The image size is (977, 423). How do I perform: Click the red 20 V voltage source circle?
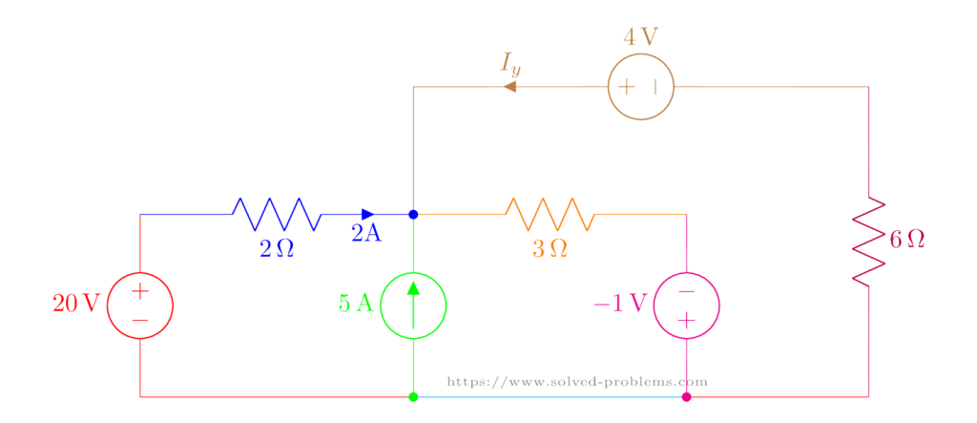tap(140, 306)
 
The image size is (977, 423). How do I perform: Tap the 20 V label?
tap(75, 305)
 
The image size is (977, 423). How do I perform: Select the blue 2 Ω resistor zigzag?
tap(277, 214)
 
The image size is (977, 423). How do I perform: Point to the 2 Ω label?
tap(277, 249)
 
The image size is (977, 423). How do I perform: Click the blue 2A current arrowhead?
tap(367, 214)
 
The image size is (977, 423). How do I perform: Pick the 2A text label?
tap(366, 234)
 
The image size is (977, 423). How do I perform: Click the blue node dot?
tap(413, 214)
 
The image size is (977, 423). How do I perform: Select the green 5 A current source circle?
tap(413, 306)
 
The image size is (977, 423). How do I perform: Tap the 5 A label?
tap(356, 305)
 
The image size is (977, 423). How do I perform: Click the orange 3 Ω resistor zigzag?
tap(551, 214)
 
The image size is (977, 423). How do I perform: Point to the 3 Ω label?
tap(551, 249)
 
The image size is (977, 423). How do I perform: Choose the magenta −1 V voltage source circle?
tap(686, 306)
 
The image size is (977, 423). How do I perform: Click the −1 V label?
tap(620, 305)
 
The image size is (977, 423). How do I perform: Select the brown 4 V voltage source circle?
tap(641, 87)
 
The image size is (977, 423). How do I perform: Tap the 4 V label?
tap(640, 38)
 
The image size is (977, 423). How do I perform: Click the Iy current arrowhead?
tap(510, 87)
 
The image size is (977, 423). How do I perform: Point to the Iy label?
tap(510, 64)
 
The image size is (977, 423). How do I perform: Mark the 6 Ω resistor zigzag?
tap(868, 241)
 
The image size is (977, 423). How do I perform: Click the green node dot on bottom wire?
tap(413, 396)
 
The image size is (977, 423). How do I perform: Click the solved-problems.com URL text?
tap(577, 382)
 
